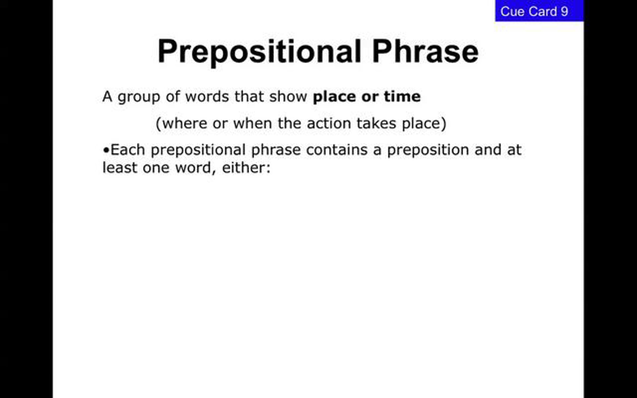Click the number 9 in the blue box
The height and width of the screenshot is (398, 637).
tap(564, 11)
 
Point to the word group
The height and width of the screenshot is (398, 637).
tap(139, 97)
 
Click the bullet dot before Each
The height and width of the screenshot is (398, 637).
tap(106, 150)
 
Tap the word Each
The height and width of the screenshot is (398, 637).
tap(128, 150)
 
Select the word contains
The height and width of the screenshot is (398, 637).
tap(337, 150)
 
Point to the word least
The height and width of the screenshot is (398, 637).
tap(120, 167)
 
